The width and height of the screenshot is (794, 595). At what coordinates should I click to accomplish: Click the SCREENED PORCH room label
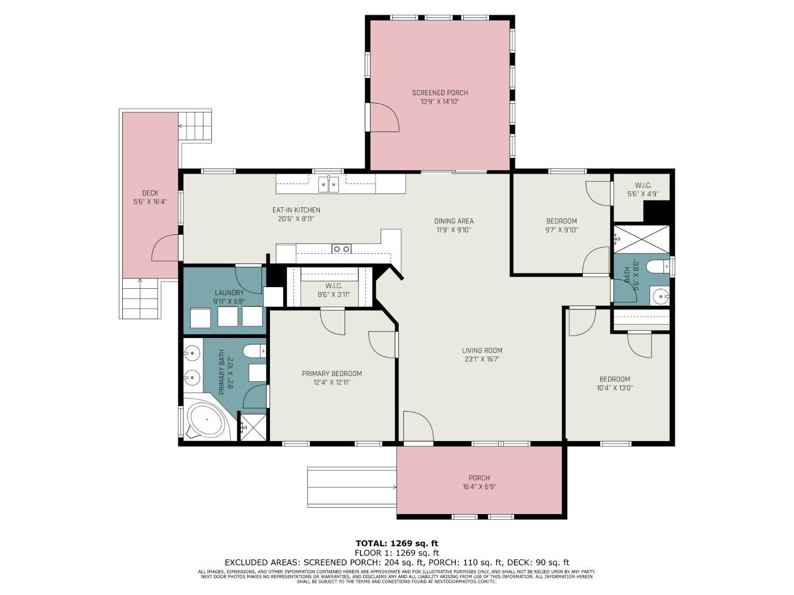point(440,93)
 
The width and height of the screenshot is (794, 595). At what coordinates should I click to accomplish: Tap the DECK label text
point(150,193)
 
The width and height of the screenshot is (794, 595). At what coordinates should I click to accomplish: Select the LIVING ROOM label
point(482,350)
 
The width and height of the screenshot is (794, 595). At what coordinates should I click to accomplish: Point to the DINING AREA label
point(454,221)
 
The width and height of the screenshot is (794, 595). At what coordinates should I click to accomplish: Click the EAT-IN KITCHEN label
point(296,210)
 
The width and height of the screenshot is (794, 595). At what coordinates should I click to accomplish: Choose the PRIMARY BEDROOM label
point(332,373)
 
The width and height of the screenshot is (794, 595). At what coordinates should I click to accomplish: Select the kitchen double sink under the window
point(329,185)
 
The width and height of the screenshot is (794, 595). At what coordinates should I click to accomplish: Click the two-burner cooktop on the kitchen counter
point(342,249)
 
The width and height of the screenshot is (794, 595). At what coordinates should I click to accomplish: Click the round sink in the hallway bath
point(661,296)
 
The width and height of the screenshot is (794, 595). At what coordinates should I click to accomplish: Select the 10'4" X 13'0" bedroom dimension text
point(615,388)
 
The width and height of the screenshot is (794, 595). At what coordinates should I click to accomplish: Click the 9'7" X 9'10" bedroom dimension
point(562,230)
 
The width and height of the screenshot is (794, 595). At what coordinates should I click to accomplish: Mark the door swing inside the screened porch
point(385,117)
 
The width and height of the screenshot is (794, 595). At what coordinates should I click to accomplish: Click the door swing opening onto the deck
point(165,248)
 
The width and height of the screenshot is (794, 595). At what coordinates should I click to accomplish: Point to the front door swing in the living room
point(418,426)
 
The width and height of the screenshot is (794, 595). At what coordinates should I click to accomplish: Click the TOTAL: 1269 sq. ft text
point(397,543)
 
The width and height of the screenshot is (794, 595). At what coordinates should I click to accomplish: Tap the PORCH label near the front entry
point(479,478)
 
